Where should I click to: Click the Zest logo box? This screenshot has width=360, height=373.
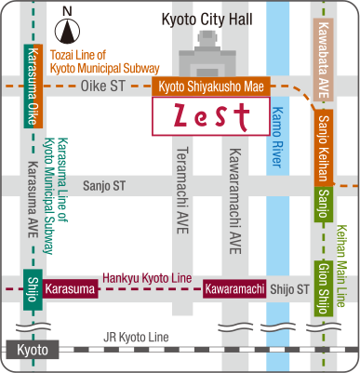210,115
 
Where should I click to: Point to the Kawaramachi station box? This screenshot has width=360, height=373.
235,289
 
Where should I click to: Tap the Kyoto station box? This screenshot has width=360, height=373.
33,349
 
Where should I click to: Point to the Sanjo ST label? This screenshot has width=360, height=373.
103,186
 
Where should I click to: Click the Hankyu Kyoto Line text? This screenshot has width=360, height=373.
150,278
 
